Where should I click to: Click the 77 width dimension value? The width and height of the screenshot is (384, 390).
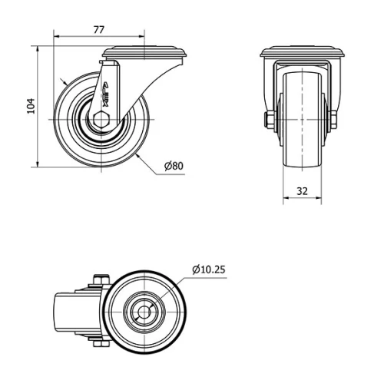(98, 30)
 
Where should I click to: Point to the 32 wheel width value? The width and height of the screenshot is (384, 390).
(302, 190)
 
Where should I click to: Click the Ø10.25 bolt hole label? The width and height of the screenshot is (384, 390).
(208, 269)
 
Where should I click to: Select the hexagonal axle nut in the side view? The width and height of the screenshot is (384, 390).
(102, 119)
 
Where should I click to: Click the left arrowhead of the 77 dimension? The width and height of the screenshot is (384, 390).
(56, 36)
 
